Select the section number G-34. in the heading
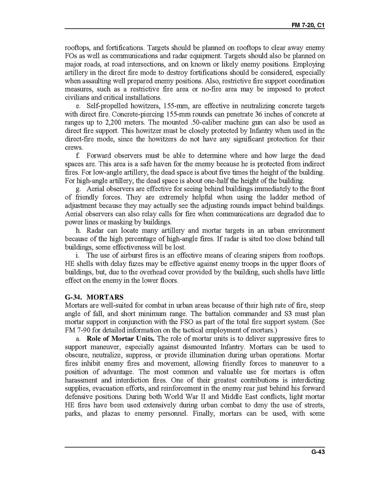[x=74, y=297]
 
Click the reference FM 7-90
[x=79, y=330]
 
